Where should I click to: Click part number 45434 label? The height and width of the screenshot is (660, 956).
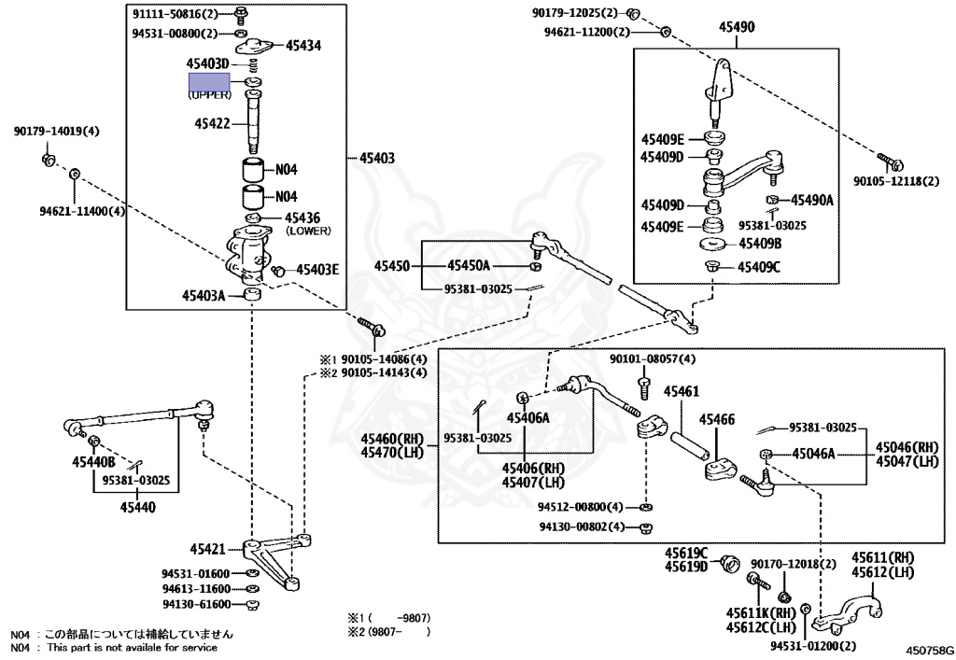click(x=303, y=45)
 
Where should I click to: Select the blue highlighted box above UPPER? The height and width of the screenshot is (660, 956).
click(x=209, y=82)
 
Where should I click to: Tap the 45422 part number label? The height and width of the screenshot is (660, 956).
click(x=213, y=122)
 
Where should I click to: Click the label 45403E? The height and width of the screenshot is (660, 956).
click(x=317, y=270)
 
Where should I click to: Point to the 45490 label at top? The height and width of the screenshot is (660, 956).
click(x=737, y=28)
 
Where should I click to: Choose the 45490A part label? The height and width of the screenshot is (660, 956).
click(x=813, y=201)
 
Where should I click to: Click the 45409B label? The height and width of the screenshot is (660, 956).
click(x=760, y=245)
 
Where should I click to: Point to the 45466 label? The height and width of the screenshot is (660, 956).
click(x=718, y=419)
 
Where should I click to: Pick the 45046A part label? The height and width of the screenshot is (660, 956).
click(x=814, y=454)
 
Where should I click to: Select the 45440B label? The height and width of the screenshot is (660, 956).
click(x=93, y=462)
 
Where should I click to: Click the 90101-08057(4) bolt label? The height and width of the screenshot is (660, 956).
click(x=653, y=358)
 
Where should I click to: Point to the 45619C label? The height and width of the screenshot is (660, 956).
click(x=686, y=553)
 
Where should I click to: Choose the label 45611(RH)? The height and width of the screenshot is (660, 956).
click(x=882, y=557)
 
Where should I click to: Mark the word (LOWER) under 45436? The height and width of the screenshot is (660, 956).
click(x=308, y=230)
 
